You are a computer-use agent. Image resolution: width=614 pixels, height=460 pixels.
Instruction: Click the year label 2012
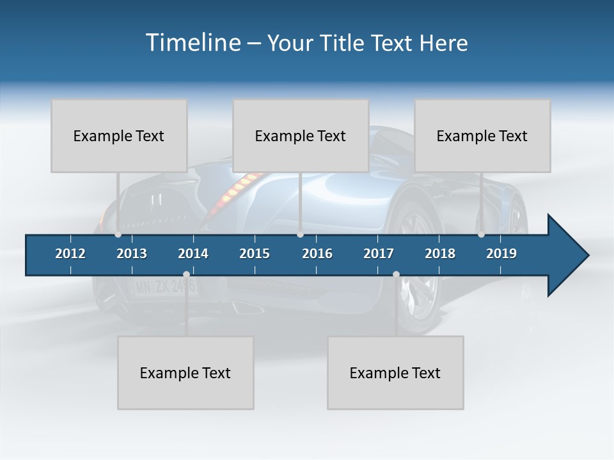(x=70, y=254)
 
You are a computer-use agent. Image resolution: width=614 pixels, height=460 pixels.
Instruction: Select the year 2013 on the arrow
(x=132, y=254)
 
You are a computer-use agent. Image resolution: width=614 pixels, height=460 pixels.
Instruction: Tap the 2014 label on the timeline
(x=193, y=254)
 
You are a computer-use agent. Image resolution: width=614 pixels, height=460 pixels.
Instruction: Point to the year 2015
(x=255, y=254)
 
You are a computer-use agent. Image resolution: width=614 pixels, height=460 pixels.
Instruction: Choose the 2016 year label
(x=317, y=254)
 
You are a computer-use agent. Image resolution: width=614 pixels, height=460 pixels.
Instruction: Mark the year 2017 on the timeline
(x=379, y=254)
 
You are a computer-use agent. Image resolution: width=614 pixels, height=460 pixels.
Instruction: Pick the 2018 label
(x=440, y=254)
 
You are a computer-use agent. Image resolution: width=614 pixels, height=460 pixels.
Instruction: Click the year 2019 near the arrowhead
(x=501, y=254)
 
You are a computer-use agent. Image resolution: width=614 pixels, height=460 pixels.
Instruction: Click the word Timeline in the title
(x=193, y=43)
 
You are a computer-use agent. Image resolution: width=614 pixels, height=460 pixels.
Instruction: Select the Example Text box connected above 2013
(x=119, y=135)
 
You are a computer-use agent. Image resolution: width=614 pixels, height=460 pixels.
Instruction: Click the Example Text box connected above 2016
(x=301, y=135)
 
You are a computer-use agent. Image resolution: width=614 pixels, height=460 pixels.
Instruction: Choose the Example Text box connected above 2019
(x=482, y=135)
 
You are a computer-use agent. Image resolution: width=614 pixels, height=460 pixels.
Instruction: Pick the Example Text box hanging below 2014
(x=185, y=372)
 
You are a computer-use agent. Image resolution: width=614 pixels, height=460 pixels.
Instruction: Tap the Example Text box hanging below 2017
(x=395, y=372)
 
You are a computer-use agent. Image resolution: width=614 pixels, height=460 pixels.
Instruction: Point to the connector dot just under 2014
(x=186, y=275)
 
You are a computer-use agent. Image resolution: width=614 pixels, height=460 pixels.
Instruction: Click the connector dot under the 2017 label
(x=396, y=275)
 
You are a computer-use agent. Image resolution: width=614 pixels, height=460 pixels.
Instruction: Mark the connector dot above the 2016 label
(x=300, y=234)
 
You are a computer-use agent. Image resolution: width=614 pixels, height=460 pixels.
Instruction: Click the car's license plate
(x=165, y=287)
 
